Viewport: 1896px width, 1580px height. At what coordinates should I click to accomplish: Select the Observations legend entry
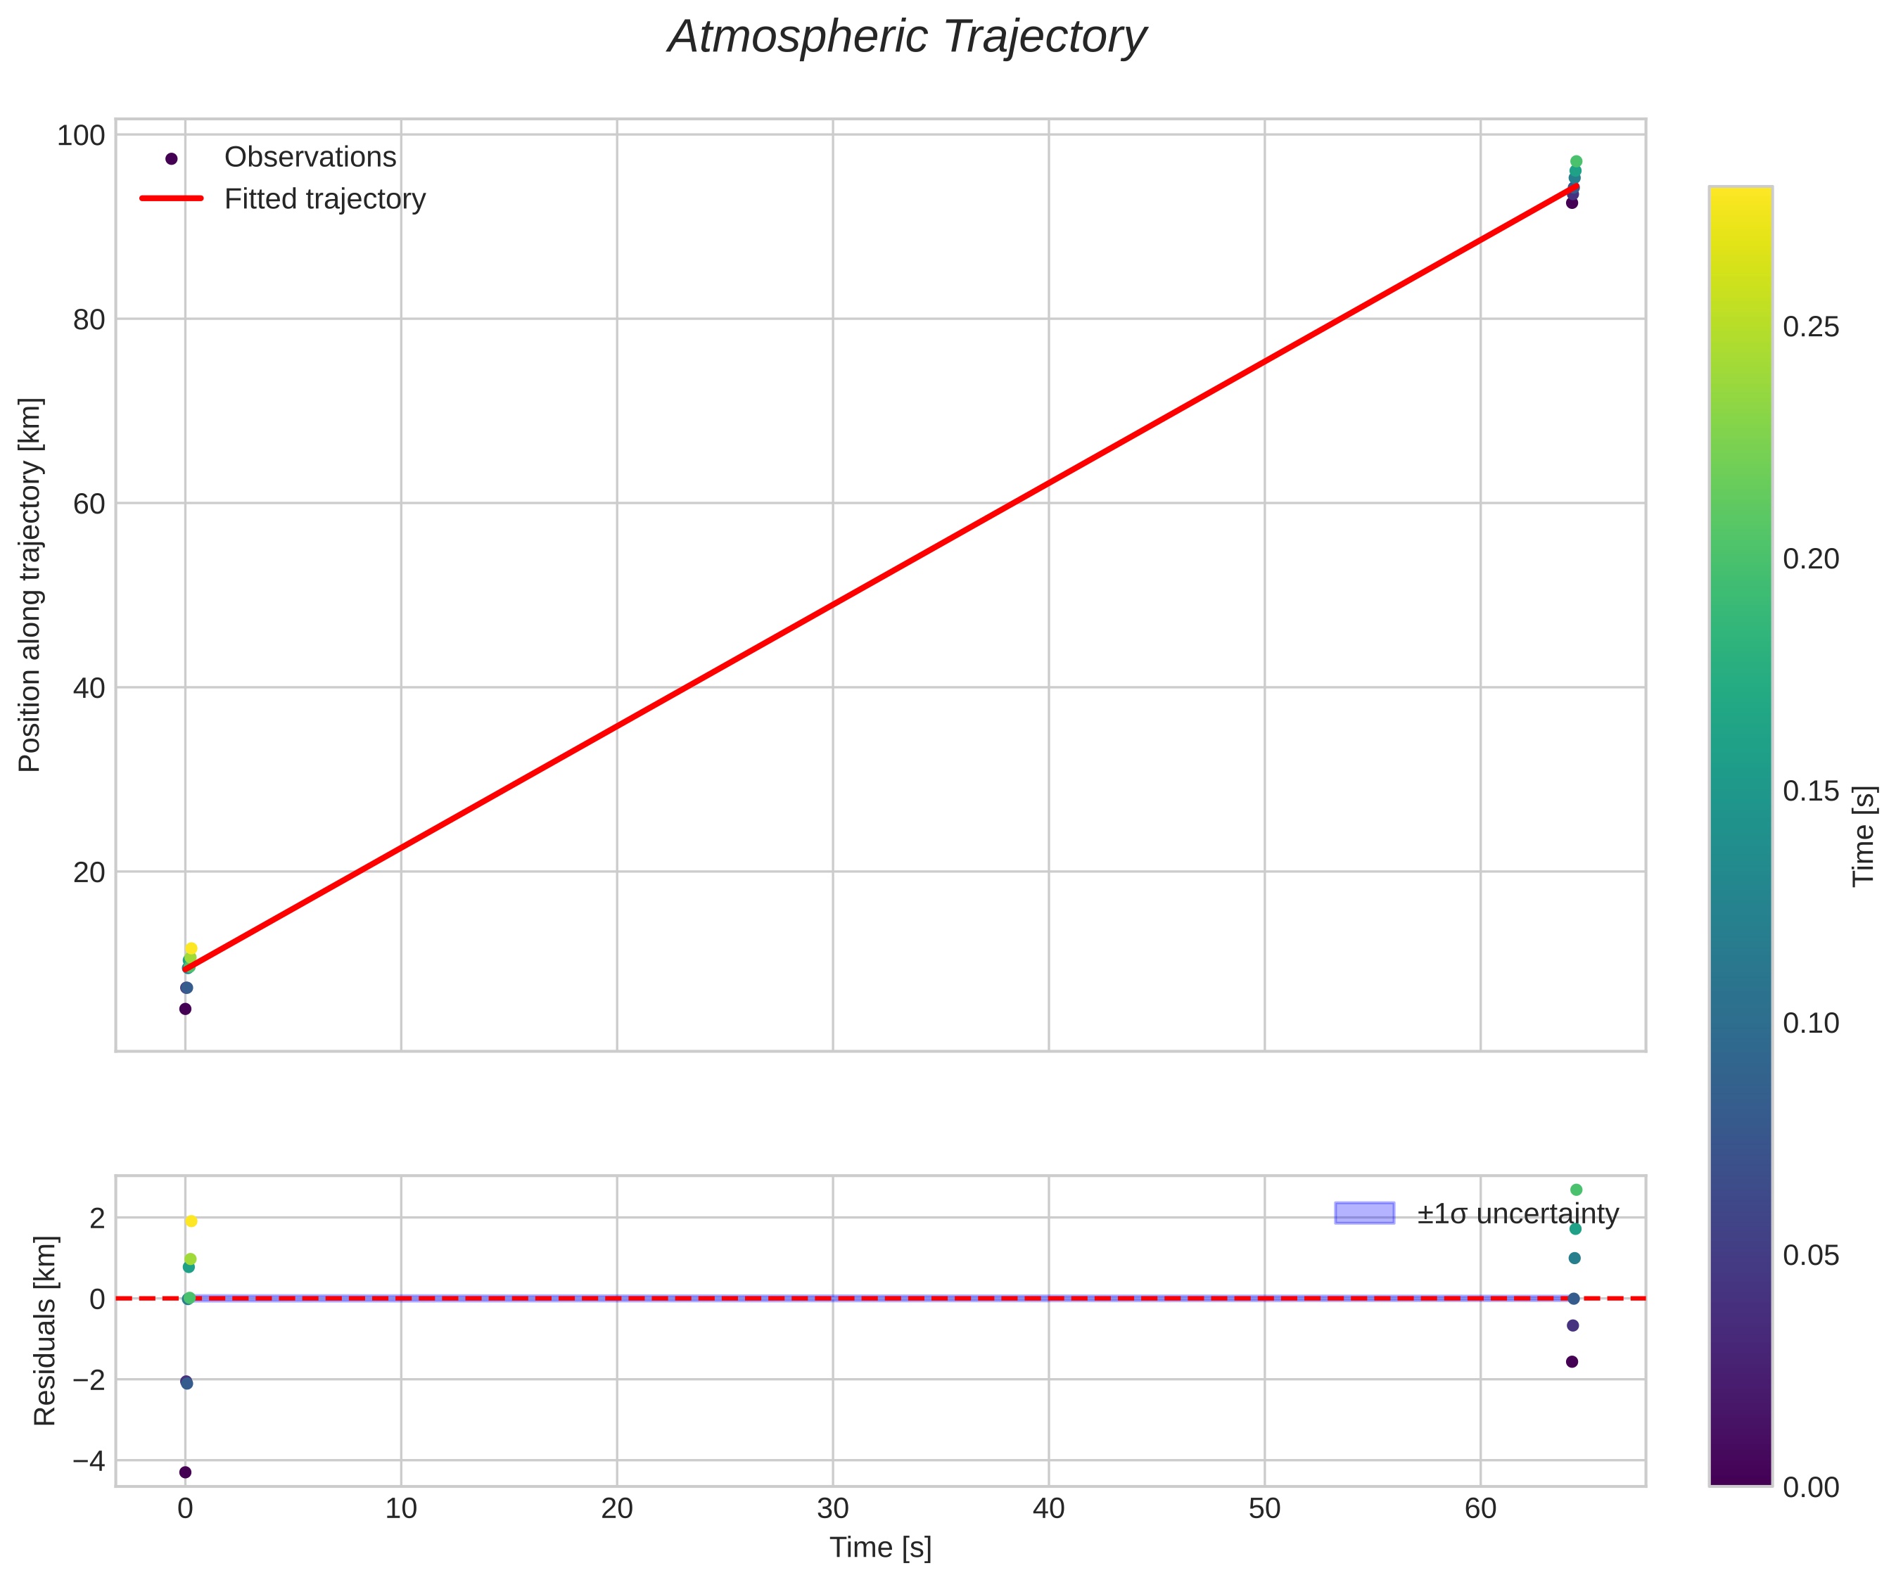[x=310, y=157]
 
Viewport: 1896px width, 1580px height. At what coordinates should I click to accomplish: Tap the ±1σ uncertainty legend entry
[x=1517, y=1214]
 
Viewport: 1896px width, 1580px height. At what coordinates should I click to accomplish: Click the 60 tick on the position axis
[x=89, y=504]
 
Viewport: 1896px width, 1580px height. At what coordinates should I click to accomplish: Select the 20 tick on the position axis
[x=89, y=872]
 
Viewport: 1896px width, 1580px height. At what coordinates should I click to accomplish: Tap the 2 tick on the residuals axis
[x=96, y=1218]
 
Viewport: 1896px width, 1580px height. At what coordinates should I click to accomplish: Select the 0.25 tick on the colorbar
[x=1810, y=328]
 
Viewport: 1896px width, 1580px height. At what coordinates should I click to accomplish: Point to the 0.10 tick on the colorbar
[x=1810, y=1024]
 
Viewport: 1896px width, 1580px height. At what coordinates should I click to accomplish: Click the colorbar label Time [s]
[x=1864, y=836]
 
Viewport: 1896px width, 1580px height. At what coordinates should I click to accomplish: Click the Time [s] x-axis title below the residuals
[x=880, y=1548]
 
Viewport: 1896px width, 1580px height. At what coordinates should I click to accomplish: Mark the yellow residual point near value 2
[x=191, y=1221]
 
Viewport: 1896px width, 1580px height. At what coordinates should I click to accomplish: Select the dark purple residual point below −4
[x=185, y=1472]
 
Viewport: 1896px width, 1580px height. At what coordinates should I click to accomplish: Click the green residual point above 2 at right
[x=1577, y=1190]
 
